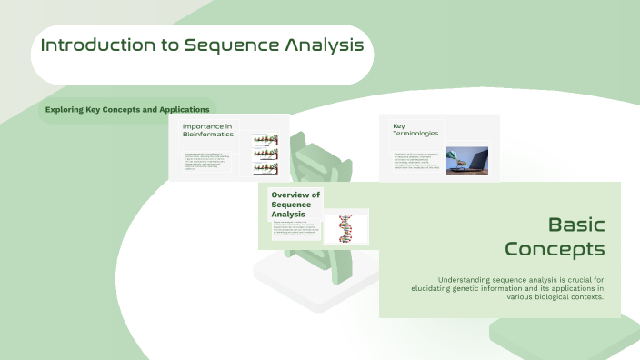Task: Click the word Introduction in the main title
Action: click(x=95, y=45)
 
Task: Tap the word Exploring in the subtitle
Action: click(x=68, y=110)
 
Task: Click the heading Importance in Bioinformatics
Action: click(x=207, y=130)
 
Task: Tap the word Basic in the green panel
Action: click(x=576, y=225)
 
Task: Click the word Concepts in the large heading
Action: click(x=555, y=247)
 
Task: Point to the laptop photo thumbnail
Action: click(x=466, y=161)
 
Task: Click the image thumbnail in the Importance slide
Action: click(x=265, y=155)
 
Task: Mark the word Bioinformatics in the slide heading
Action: click(x=207, y=135)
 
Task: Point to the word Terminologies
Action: click(x=415, y=134)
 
